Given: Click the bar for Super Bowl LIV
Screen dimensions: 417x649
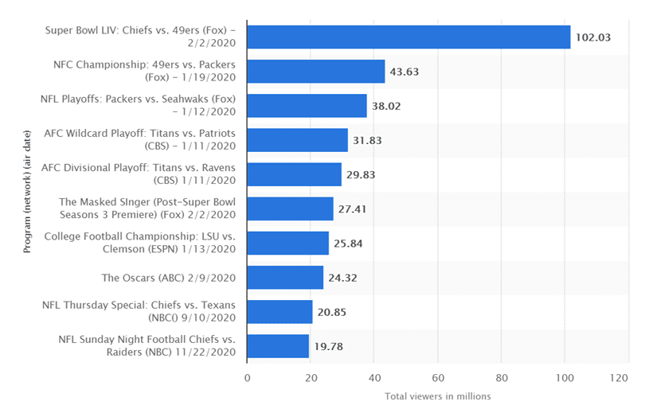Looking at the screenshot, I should click(409, 37).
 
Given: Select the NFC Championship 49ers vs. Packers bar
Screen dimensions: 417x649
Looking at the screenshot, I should click(316, 72).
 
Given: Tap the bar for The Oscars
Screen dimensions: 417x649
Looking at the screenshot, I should click(285, 278).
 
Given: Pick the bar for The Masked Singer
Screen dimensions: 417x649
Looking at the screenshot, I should click(290, 208).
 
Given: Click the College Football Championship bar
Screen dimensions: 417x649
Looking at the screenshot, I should click(287, 244).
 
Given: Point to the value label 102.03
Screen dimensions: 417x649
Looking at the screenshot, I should click(594, 37).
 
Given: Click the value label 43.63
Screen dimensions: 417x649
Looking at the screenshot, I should click(404, 72).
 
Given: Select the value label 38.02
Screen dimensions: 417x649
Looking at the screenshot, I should click(386, 106).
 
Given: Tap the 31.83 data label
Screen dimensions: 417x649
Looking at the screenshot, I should click(366, 140).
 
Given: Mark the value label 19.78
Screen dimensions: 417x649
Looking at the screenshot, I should click(328, 346).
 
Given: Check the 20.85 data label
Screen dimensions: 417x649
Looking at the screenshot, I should click(331, 312).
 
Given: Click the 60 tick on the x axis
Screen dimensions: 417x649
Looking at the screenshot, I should click(438, 378).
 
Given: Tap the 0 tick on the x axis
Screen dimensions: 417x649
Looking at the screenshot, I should click(248, 378).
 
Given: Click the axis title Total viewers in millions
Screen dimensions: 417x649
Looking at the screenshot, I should click(437, 396).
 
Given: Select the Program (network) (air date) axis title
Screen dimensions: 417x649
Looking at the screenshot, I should click(27, 192).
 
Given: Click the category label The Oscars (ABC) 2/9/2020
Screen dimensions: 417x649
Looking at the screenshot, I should click(168, 278).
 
